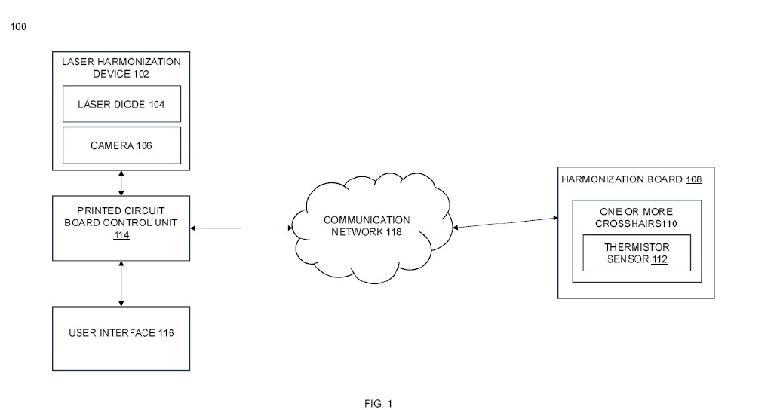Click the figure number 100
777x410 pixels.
pos(18,26)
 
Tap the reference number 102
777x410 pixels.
pos(141,75)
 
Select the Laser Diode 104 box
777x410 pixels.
pos(121,104)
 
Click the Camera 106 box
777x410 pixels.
pos(121,145)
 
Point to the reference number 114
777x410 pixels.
pos(121,235)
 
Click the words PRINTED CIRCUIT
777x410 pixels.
pos(121,210)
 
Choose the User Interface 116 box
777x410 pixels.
pos(121,338)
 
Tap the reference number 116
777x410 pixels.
pos(166,333)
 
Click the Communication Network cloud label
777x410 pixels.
pos(367,226)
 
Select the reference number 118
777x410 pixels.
pos(394,232)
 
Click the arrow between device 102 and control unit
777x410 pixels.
pos(121,183)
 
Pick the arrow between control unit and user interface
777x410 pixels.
pos(121,283)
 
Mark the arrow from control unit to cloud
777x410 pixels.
pos(241,228)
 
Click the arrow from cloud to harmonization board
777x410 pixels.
pos(505,223)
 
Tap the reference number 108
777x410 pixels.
pos(694,179)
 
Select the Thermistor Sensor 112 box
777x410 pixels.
pos(637,253)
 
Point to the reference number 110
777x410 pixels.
pos(669,224)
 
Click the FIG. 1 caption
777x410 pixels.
pos(378,404)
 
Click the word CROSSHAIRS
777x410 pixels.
pos(628,224)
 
